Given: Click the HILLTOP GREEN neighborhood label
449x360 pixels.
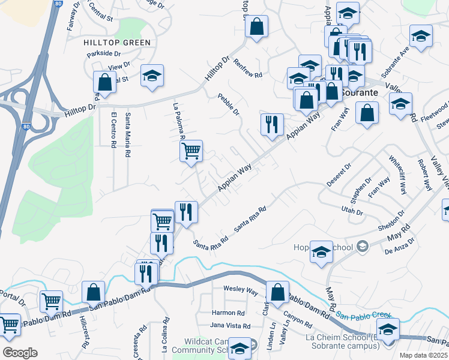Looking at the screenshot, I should pos(117,43).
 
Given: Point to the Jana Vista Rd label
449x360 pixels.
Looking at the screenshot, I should pos(230,326).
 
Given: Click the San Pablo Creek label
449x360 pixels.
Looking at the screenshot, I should pos(363,315).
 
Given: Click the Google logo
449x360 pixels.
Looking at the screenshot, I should pos(20,353).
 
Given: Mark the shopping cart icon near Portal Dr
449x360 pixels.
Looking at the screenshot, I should pos(52,300).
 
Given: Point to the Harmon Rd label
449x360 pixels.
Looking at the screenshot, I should pos(229,313).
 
